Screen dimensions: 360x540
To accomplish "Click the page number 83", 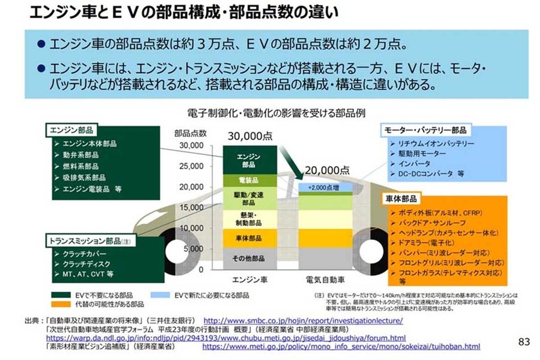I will pos(524,342).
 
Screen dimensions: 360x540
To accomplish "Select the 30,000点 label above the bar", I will pos(250,136).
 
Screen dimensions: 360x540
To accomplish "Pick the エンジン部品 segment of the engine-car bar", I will pos(249,160).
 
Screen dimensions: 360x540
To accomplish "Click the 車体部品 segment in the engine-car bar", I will pos(249,237).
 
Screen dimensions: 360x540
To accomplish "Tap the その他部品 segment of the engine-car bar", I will pos(249,258).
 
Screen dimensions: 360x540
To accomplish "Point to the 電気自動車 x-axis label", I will pos(326,280).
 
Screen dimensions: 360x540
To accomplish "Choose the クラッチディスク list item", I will pos(84,263).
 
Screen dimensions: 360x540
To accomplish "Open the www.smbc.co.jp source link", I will pos(303,320).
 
